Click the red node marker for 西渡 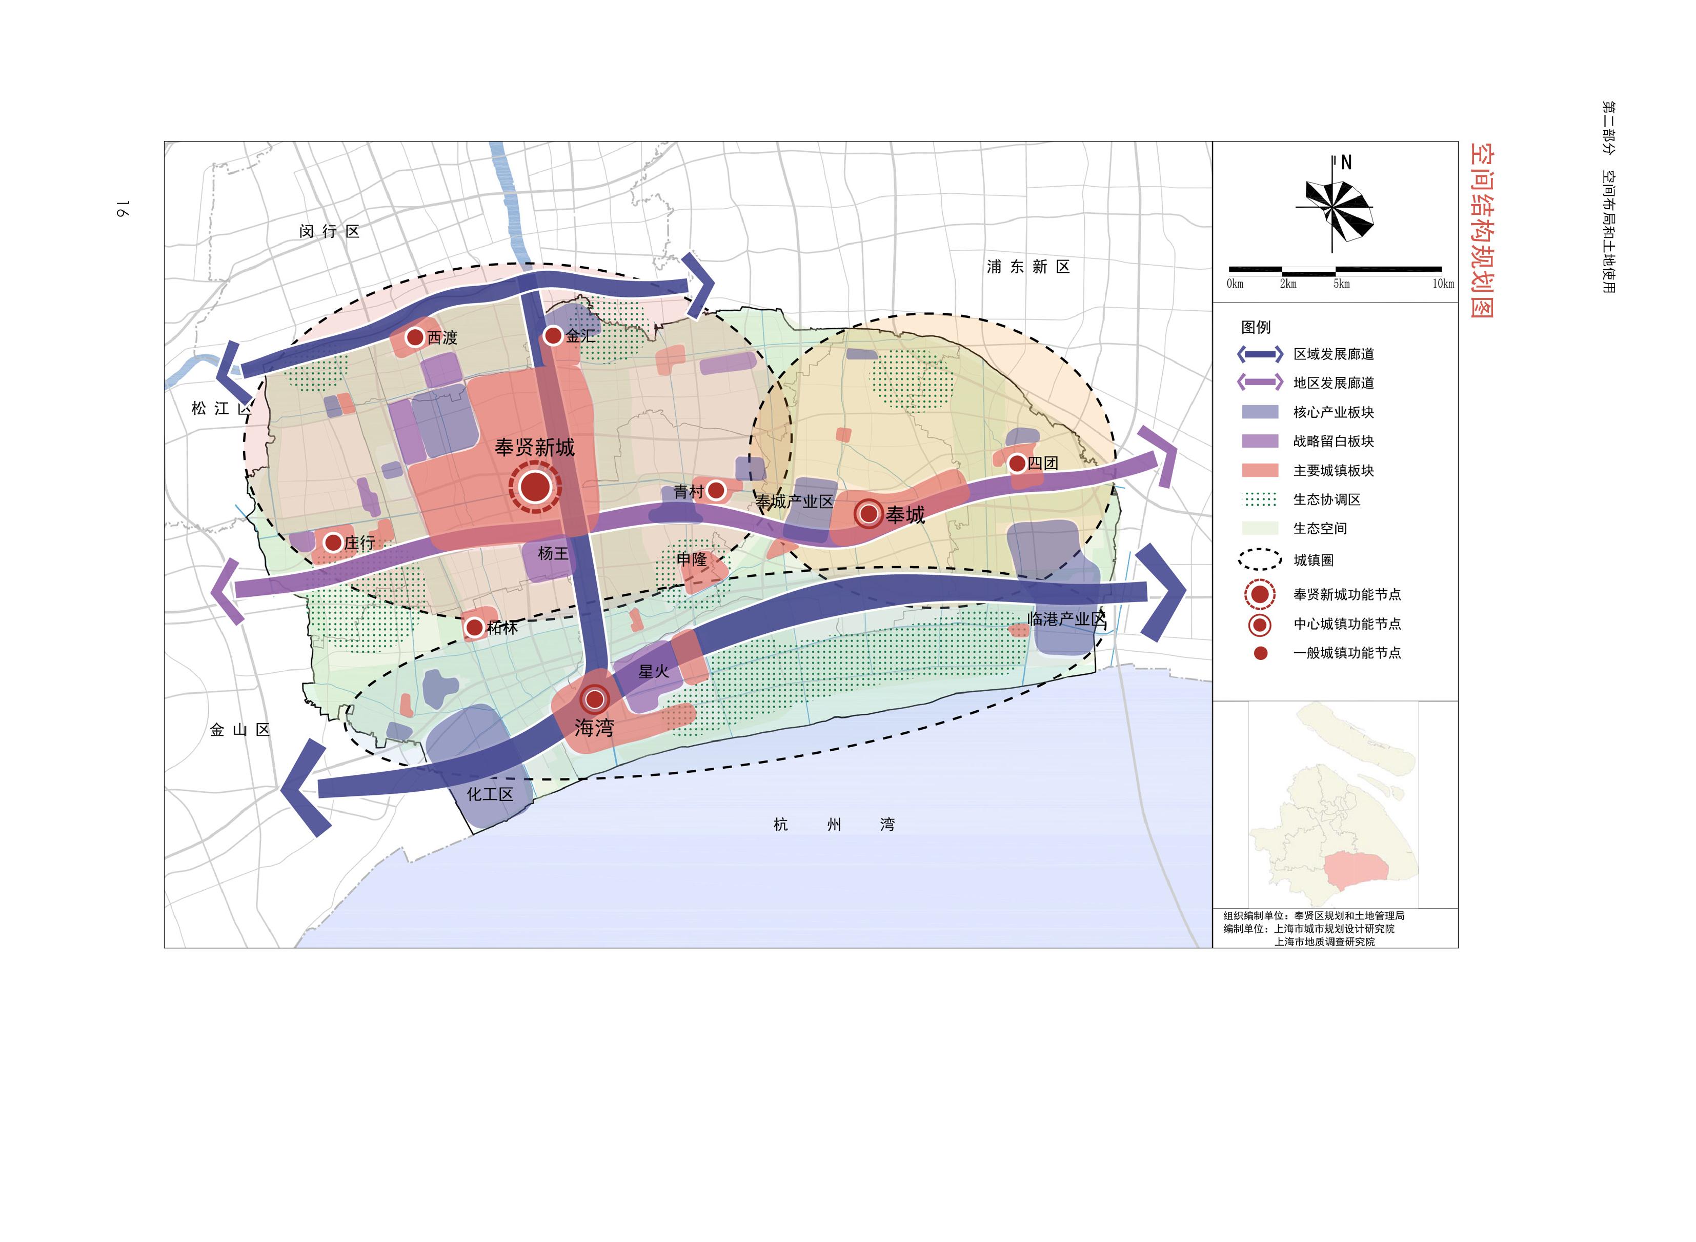[414, 337]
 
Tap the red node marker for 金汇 [553, 335]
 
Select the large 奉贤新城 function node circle [535, 487]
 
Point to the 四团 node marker [1017, 463]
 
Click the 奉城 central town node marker [869, 514]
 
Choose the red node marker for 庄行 [333, 542]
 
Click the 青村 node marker [716, 490]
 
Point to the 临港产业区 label [1066, 619]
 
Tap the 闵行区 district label [329, 232]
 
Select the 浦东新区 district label [1028, 267]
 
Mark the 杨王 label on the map [553, 553]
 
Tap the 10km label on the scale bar [1443, 284]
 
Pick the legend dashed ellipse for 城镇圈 [1260, 560]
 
